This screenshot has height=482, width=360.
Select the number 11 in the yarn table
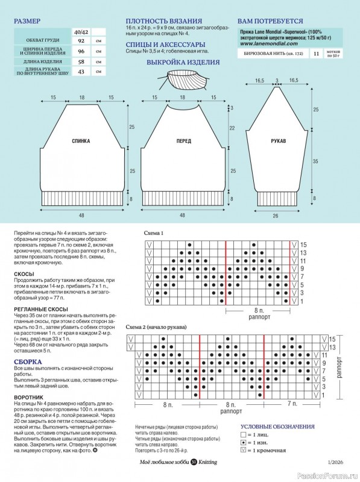317,54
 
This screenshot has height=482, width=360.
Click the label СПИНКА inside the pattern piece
81,141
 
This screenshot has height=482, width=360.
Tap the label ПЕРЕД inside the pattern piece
184,141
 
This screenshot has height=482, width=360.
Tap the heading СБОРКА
25,361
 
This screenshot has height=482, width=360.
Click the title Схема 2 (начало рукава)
156,327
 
